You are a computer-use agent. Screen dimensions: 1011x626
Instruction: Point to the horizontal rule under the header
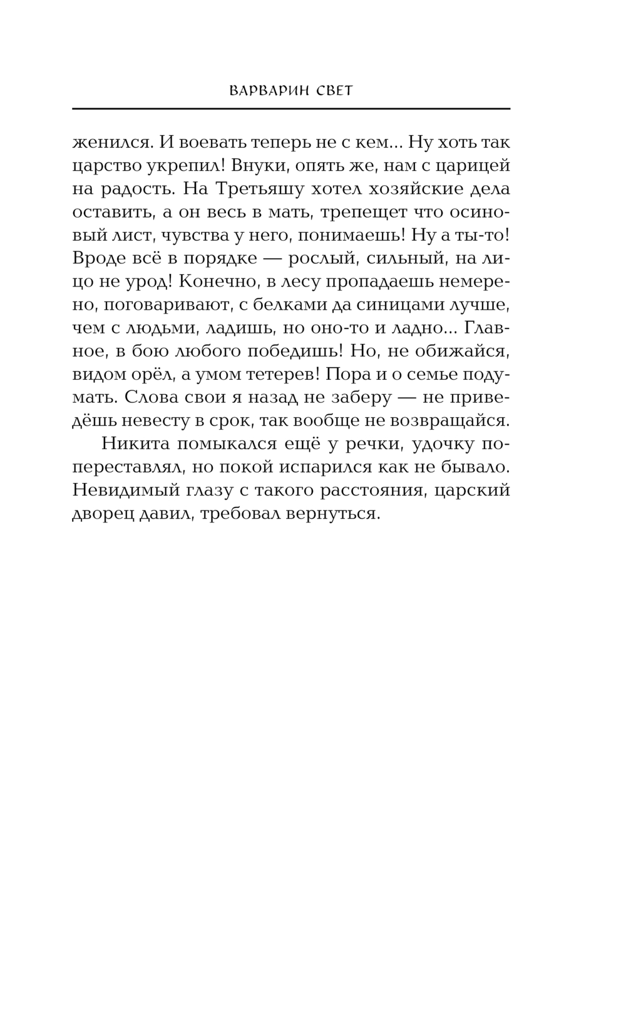pos(291,109)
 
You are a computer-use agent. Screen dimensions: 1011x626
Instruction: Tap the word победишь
pos(290,350)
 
